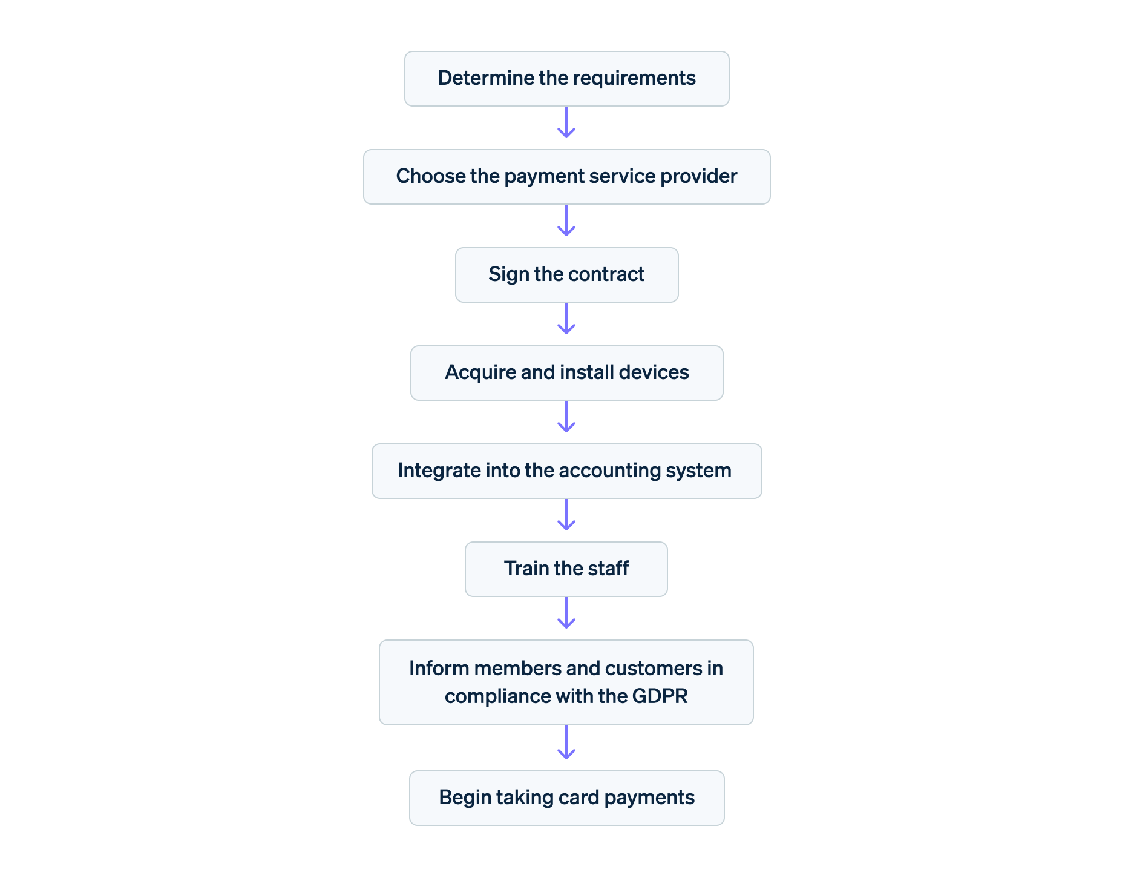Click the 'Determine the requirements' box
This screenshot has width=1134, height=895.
[x=566, y=79]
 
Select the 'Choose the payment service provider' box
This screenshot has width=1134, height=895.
[x=566, y=177]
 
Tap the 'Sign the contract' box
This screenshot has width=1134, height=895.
[x=566, y=275]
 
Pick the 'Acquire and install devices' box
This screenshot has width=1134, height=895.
[x=566, y=373]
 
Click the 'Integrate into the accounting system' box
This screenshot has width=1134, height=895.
[x=566, y=471]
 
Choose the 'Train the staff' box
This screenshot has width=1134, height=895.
[x=566, y=569]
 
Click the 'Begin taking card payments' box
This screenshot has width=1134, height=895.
[x=566, y=798]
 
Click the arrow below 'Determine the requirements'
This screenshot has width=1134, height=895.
[x=566, y=123]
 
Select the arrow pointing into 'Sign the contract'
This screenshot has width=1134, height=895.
[x=566, y=221]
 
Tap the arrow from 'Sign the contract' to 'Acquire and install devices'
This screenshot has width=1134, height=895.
[x=566, y=319]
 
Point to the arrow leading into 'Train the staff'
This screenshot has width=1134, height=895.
[x=566, y=515]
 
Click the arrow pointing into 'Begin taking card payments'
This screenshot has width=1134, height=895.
[x=566, y=743]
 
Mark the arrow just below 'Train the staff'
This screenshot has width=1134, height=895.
[x=566, y=613]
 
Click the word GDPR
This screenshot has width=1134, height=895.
[x=660, y=696]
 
